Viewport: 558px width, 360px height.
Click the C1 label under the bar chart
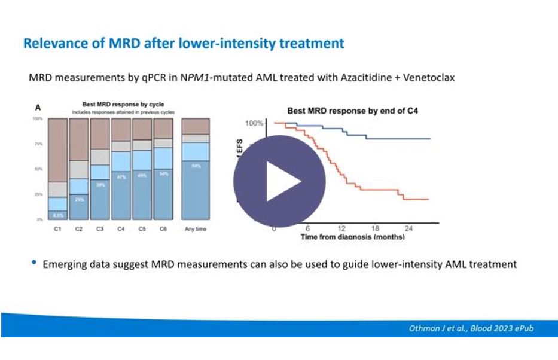point(57,228)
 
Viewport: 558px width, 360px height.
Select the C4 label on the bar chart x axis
point(121,228)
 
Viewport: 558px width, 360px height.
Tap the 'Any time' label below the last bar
point(196,228)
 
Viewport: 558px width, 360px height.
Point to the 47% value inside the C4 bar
point(121,177)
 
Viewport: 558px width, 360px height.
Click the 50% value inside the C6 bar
point(164,174)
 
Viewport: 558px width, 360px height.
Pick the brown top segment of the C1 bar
point(57,150)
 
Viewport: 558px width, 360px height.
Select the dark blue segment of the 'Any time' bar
point(196,191)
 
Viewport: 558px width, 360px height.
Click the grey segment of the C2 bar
point(79,170)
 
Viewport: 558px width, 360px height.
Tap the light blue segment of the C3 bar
point(100,172)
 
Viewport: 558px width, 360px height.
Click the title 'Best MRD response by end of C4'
point(337,111)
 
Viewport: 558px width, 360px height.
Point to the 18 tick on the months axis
point(376,228)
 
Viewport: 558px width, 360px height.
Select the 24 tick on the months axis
point(409,228)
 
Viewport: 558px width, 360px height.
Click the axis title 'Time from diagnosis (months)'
point(352,237)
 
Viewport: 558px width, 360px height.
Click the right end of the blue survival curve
point(429,139)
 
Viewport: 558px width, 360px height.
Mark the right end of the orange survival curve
point(428,199)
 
